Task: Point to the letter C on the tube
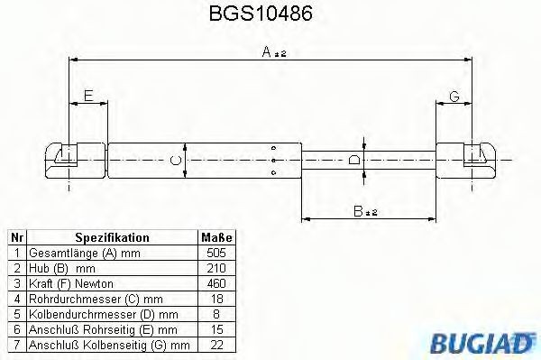(178, 161)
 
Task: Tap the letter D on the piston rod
(354, 161)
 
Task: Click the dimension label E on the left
(87, 96)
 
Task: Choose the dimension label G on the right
(454, 96)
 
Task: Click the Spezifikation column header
(112, 237)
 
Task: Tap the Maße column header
(215, 237)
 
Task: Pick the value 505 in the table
(216, 253)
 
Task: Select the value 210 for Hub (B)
(216, 268)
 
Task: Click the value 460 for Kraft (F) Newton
(216, 283)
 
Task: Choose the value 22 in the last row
(216, 345)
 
